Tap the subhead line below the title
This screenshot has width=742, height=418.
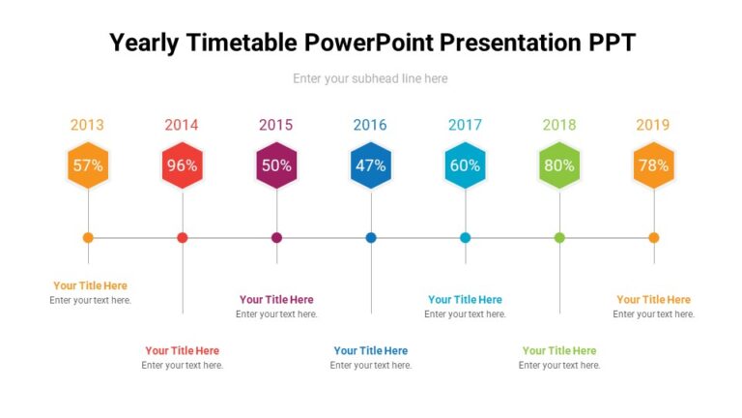coord(370,78)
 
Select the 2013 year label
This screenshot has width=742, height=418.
coord(87,125)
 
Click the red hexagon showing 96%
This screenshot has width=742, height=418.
coord(182,165)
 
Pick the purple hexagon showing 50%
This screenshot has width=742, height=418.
coord(276,165)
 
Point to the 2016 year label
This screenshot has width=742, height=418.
coord(370,125)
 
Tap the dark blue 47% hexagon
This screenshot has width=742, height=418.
coord(371,165)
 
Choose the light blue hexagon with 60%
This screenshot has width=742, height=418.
coord(465,165)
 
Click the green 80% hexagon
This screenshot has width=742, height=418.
coord(559,165)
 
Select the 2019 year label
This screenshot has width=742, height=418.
coord(653,125)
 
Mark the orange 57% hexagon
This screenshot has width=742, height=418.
coord(88,165)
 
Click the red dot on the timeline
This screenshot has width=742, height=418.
coord(183,237)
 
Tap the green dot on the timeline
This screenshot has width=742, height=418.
coord(559,237)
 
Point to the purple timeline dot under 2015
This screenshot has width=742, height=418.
coord(276,237)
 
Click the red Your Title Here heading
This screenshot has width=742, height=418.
coord(183,350)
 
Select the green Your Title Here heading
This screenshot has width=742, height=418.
coord(559,350)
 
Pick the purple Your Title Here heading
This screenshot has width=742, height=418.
coord(276,300)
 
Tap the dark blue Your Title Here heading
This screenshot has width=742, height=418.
coord(371,350)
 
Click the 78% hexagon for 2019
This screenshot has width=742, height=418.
coord(653,165)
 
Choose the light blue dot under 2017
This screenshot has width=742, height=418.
coord(465,237)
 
